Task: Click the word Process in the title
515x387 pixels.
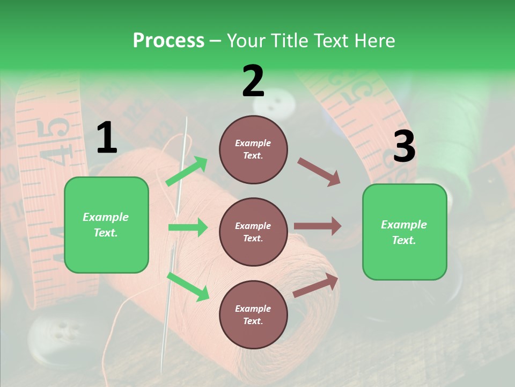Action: pyautogui.click(x=168, y=41)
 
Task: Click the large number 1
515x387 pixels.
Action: pyautogui.click(x=107, y=138)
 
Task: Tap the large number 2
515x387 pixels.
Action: pyautogui.click(x=253, y=81)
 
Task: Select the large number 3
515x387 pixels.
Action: pyautogui.click(x=404, y=146)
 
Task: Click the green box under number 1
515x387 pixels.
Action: pyautogui.click(x=106, y=225)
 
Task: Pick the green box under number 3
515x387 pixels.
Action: pyautogui.click(x=404, y=232)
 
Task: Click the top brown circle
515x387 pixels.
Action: pyautogui.click(x=253, y=149)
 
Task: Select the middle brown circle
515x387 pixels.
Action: pyautogui.click(x=253, y=232)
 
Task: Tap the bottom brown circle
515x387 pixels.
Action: pyautogui.click(x=253, y=315)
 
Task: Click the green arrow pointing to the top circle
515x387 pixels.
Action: pyautogui.click(x=187, y=171)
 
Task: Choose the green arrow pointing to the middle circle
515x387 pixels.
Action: pyautogui.click(x=188, y=227)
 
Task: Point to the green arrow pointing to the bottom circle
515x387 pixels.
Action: pyautogui.click(x=188, y=286)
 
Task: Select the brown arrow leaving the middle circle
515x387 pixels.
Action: pyautogui.click(x=318, y=226)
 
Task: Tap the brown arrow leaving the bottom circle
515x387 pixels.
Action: pyautogui.click(x=315, y=285)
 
